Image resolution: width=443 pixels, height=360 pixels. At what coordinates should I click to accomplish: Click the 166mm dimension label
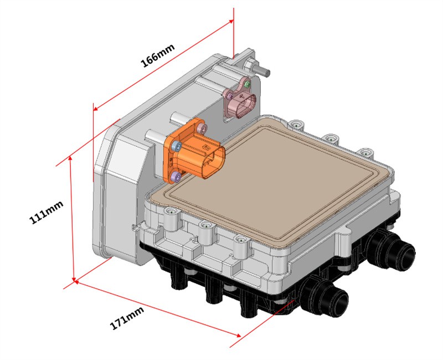click(x=158, y=55)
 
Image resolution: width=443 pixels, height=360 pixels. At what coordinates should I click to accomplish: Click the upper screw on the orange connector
click(x=176, y=146)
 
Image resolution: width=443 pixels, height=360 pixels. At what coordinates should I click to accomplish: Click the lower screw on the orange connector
click(x=176, y=177)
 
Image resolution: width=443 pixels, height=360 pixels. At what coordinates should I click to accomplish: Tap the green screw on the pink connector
click(x=248, y=84)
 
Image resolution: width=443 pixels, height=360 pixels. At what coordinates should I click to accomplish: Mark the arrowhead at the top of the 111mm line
click(x=70, y=158)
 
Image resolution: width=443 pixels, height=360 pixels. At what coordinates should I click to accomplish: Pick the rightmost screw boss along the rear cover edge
click(x=366, y=152)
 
